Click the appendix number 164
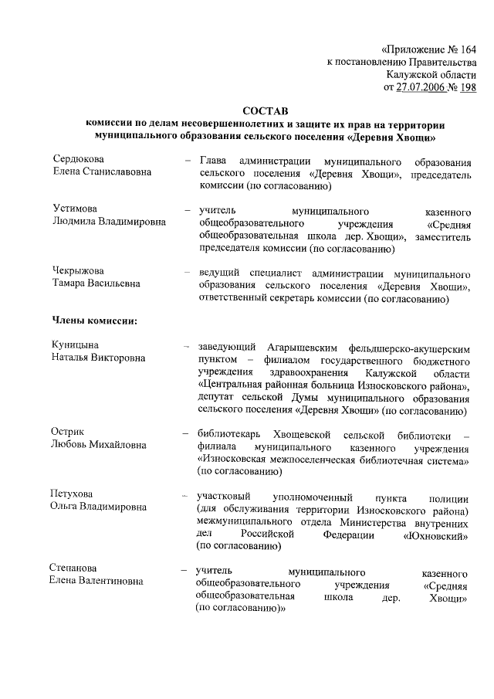pos(466,48)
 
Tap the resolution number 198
pos(467,88)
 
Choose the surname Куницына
pos(77,345)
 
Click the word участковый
pos(226,496)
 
